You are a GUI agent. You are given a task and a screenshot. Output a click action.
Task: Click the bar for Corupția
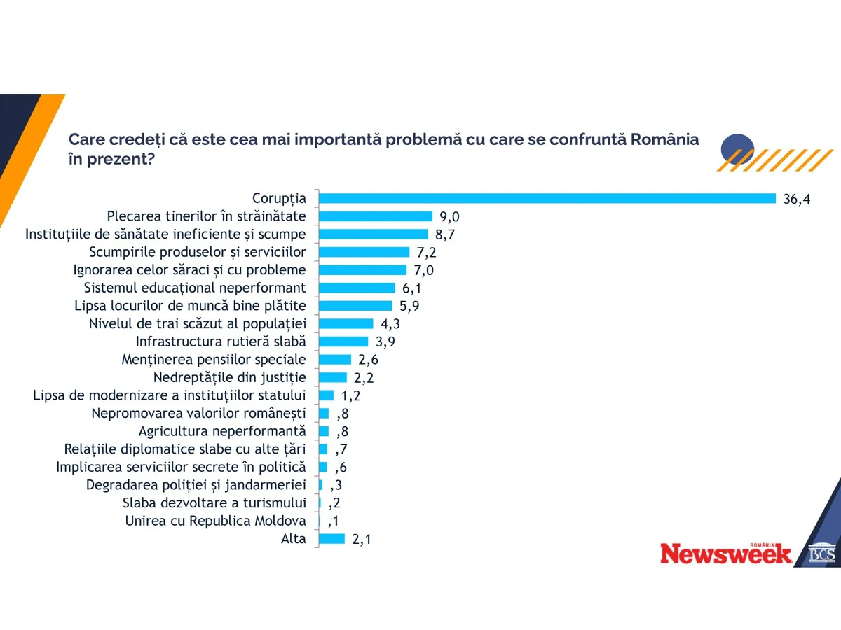point(547,198)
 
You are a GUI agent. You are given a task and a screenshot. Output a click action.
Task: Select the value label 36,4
point(797,199)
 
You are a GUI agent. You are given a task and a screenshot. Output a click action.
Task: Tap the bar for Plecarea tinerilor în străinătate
point(376,216)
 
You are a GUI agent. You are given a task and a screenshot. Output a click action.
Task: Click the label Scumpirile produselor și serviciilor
point(198,252)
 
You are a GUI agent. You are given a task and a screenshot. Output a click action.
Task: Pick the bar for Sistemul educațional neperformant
point(357,288)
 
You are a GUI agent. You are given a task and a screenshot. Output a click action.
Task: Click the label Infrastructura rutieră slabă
point(221,342)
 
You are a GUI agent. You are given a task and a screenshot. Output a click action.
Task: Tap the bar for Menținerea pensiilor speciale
point(335,360)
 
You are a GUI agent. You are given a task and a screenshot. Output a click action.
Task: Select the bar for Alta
point(331,539)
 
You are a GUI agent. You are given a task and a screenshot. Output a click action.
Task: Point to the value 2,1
point(362,539)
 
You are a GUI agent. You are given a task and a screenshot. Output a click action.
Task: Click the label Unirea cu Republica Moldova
point(215,521)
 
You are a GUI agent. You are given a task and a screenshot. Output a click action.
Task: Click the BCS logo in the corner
point(821,553)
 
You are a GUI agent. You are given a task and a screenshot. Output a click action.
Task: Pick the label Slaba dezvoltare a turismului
point(214,503)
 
